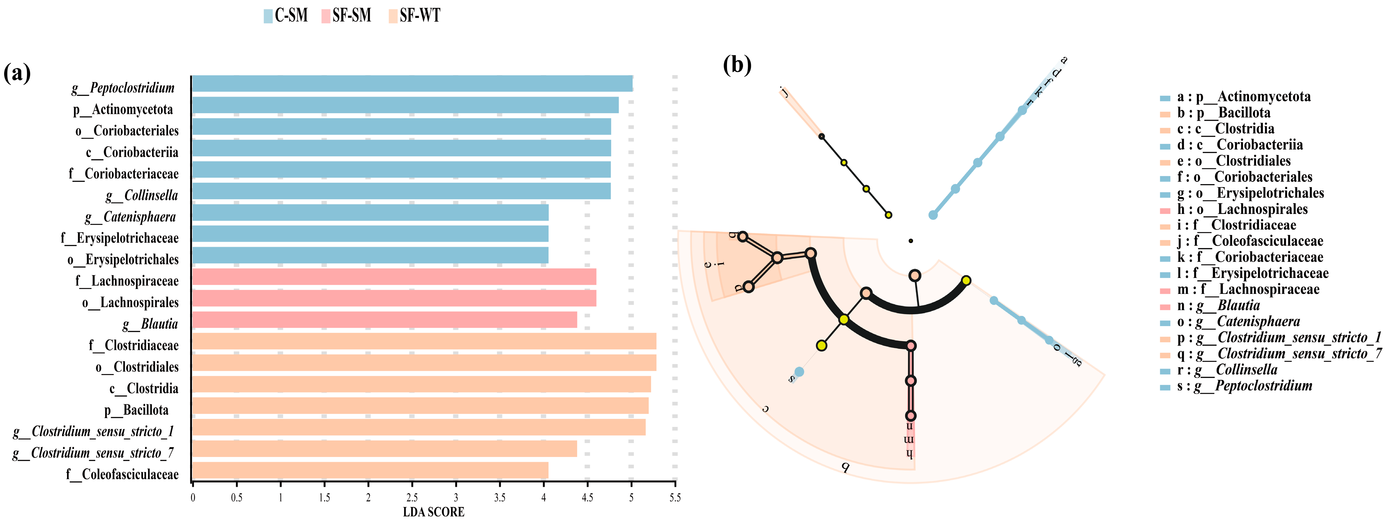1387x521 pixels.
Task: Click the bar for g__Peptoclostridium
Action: [412, 84]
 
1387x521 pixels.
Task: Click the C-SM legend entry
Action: [286, 16]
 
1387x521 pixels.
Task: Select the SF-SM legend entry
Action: [346, 16]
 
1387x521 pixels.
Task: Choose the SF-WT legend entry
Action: [414, 16]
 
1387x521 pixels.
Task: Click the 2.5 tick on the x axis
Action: [412, 498]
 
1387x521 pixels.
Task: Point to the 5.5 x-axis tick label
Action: [675, 498]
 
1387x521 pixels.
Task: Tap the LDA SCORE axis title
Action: [433, 512]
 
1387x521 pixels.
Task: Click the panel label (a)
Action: [17, 73]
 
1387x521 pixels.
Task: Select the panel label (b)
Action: [737, 65]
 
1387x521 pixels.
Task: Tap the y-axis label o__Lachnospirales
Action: [130, 303]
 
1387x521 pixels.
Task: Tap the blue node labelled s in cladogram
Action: [799, 372]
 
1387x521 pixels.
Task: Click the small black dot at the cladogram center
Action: [911, 240]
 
